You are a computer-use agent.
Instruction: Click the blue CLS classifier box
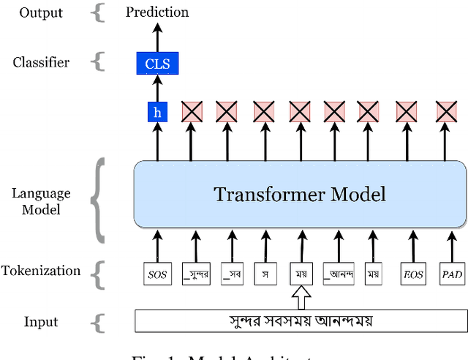tap(157, 64)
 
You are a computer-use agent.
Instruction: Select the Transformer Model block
tap(300, 194)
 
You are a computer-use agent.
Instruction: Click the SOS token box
tap(156, 275)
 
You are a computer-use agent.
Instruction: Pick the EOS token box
tap(412, 275)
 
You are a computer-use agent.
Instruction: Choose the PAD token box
tap(451, 275)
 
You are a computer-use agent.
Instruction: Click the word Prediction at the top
tap(157, 12)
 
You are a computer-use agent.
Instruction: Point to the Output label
tap(41, 12)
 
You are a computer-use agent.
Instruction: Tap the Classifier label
tap(41, 62)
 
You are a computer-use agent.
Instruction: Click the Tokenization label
tap(41, 271)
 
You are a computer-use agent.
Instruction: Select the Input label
tap(41, 322)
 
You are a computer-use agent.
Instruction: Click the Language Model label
tap(41, 201)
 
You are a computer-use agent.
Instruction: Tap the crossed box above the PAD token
tap(445, 112)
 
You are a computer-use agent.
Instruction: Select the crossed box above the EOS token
tap(407, 112)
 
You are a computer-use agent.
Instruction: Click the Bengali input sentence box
tap(301, 320)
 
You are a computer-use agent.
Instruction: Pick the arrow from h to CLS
tap(156, 88)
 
